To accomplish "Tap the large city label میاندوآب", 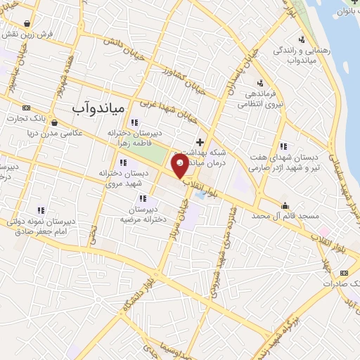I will (99, 107).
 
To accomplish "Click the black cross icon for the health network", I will (200, 141).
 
